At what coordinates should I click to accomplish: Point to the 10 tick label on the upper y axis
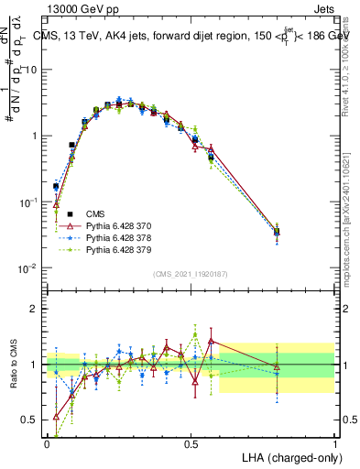30,70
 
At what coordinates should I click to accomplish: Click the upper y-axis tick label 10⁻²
27,268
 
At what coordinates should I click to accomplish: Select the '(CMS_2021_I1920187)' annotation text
191,274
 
